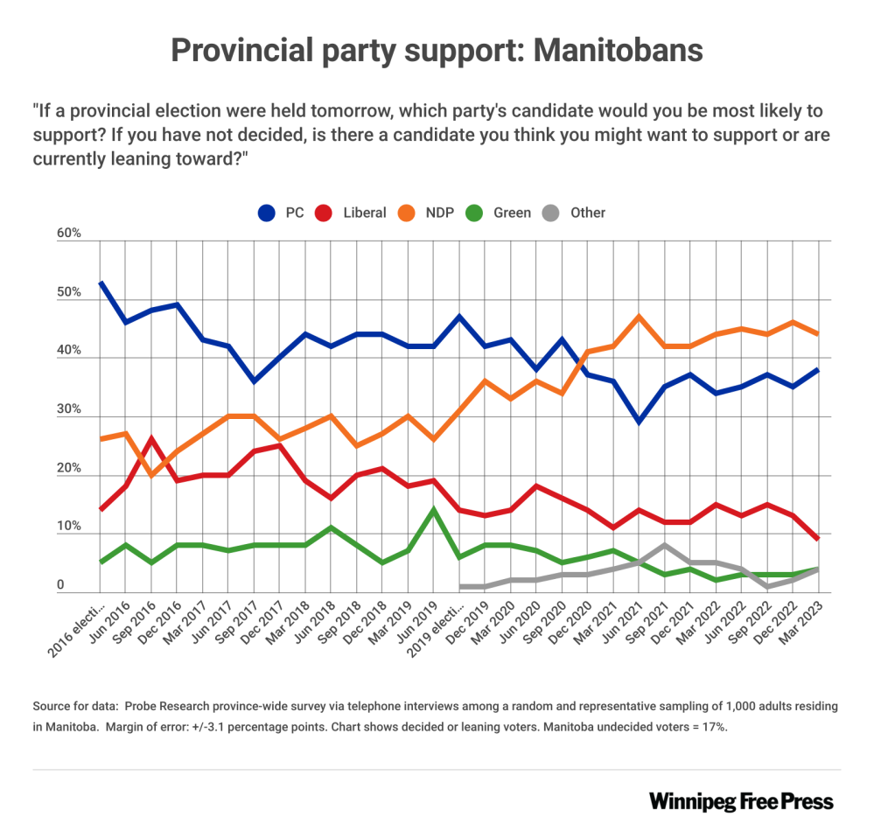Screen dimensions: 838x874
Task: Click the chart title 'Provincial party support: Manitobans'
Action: pyautogui.click(x=437, y=50)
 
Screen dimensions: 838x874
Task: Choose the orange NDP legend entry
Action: pyautogui.click(x=430, y=213)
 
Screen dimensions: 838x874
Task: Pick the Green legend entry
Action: pyautogui.click(x=501, y=213)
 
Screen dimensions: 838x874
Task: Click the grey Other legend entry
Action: pyautogui.click(x=577, y=213)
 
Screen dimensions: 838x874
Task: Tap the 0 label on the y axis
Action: pyautogui.click(x=61, y=585)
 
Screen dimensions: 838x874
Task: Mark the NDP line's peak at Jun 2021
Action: pyautogui.click(x=640, y=316)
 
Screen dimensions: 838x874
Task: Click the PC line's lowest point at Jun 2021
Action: pyautogui.click(x=640, y=422)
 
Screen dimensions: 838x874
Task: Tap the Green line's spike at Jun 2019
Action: pyautogui.click(x=434, y=509)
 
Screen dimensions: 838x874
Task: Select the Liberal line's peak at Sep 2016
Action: pyautogui.click(x=152, y=438)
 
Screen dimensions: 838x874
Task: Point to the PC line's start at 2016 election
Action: pyautogui.click(x=101, y=283)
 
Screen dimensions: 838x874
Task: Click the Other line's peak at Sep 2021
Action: pyautogui.click(x=665, y=545)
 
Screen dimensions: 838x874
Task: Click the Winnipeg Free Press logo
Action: pyautogui.click(x=741, y=801)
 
